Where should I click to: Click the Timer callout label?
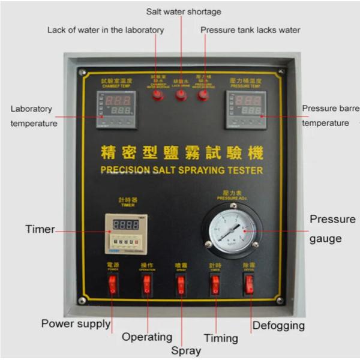(x=40, y=229)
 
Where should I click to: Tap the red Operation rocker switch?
(x=146, y=285)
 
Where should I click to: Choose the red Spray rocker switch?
(x=181, y=285)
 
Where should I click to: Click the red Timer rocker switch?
(x=215, y=285)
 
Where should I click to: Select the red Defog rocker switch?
(x=249, y=285)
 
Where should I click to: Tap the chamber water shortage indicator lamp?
(x=158, y=95)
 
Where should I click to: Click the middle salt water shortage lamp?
(x=181, y=95)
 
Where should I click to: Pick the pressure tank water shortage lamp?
(x=203, y=95)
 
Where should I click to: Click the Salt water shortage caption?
(x=184, y=12)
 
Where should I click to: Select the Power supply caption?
(x=76, y=324)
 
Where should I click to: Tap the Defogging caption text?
(x=278, y=325)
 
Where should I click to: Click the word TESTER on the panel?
(x=246, y=170)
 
